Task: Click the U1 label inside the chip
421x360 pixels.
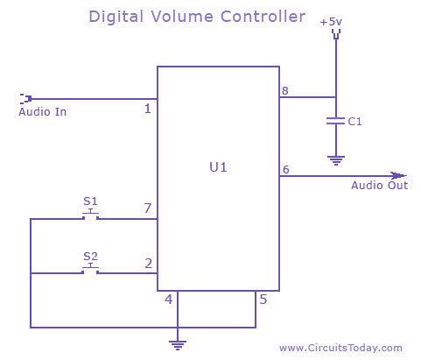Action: [x=218, y=167]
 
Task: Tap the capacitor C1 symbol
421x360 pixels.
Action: [x=335, y=121]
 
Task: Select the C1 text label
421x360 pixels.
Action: [x=354, y=122]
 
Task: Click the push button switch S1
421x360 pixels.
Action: [x=90, y=215]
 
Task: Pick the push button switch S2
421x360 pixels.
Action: [x=90, y=270]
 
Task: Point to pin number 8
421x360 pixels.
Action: [x=285, y=91]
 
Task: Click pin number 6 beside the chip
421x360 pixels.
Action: [x=286, y=169]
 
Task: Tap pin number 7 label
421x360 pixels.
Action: [x=148, y=208]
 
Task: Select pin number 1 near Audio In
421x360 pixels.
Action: [x=148, y=109]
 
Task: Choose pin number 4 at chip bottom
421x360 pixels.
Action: [x=169, y=300]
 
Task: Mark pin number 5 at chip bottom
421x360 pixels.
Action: [x=263, y=300]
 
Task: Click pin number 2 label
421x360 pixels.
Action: [x=148, y=264]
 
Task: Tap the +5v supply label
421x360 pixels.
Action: [x=331, y=22]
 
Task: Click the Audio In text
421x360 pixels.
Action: [x=43, y=112]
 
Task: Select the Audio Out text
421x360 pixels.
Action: [x=379, y=186]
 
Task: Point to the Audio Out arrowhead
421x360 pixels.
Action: [x=399, y=175]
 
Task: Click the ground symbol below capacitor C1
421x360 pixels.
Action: [x=336, y=160]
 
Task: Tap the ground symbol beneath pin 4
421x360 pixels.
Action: [x=178, y=345]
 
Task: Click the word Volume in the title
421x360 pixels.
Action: [x=182, y=17]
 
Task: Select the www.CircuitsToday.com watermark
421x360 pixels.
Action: [x=340, y=348]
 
